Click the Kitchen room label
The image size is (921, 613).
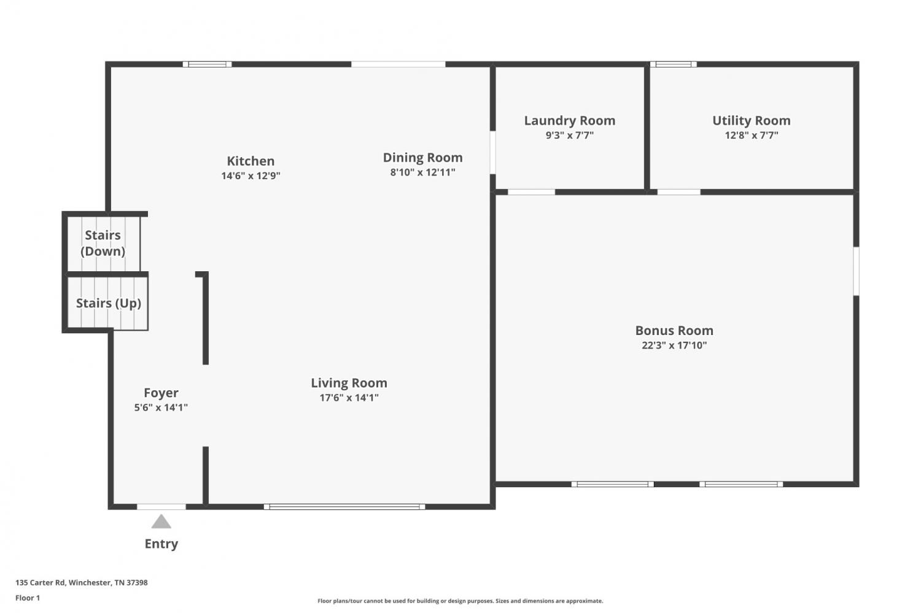click(251, 161)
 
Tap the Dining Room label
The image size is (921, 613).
click(422, 157)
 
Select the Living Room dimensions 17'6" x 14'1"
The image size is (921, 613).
click(349, 397)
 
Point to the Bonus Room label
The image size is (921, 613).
click(674, 330)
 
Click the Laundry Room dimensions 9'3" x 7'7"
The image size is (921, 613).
click(569, 135)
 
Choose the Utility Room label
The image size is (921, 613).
click(751, 120)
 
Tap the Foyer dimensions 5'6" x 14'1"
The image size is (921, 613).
click(161, 407)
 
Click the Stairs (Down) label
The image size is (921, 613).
click(103, 243)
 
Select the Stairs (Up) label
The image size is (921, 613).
click(109, 303)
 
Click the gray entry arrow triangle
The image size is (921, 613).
click(161, 522)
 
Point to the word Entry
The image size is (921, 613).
click(161, 544)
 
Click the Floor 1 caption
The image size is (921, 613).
click(28, 598)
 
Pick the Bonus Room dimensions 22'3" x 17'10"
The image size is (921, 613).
click(674, 345)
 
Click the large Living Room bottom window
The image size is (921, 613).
click(344, 507)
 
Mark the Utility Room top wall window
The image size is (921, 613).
click(674, 64)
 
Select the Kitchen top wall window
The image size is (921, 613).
click(207, 64)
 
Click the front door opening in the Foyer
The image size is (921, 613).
click(161, 507)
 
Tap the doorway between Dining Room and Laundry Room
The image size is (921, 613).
click(492, 152)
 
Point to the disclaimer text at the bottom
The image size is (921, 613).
click(460, 601)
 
